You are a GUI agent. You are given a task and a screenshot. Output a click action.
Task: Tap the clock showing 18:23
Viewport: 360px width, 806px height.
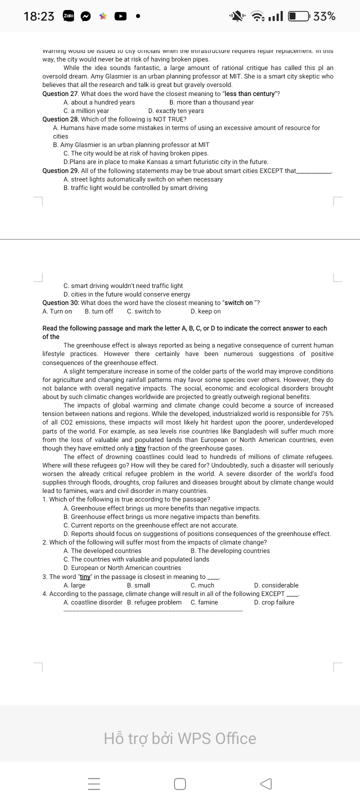tap(39, 16)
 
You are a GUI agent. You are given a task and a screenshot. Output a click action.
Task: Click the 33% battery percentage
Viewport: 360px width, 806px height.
tap(324, 16)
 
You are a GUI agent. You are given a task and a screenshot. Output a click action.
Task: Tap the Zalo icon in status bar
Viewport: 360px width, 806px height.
tap(68, 16)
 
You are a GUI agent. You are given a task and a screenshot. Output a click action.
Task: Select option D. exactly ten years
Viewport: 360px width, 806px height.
tap(176, 111)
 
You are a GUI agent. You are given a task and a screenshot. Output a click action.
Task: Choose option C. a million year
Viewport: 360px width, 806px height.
tap(86, 111)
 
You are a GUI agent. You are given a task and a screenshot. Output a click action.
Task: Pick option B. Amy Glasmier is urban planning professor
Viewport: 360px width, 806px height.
tap(131, 145)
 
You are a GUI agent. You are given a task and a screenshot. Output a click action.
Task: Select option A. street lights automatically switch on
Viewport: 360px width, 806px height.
tap(143, 179)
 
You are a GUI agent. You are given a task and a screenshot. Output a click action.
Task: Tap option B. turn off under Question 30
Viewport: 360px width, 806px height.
tap(99, 311)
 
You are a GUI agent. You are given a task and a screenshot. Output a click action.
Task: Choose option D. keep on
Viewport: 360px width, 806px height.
tap(205, 311)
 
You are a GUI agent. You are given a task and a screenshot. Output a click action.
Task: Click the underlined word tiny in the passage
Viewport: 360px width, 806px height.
tap(140, 448)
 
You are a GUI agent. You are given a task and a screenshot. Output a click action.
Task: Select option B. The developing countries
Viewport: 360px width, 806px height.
tap(230, 551)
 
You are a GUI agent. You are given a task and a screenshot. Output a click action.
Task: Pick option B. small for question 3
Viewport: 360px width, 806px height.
tap(138, 585)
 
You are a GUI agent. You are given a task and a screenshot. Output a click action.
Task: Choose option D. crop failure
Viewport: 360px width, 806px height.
tap(274, 602)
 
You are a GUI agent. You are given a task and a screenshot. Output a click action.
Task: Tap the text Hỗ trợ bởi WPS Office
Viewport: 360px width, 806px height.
tap(180, 738)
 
